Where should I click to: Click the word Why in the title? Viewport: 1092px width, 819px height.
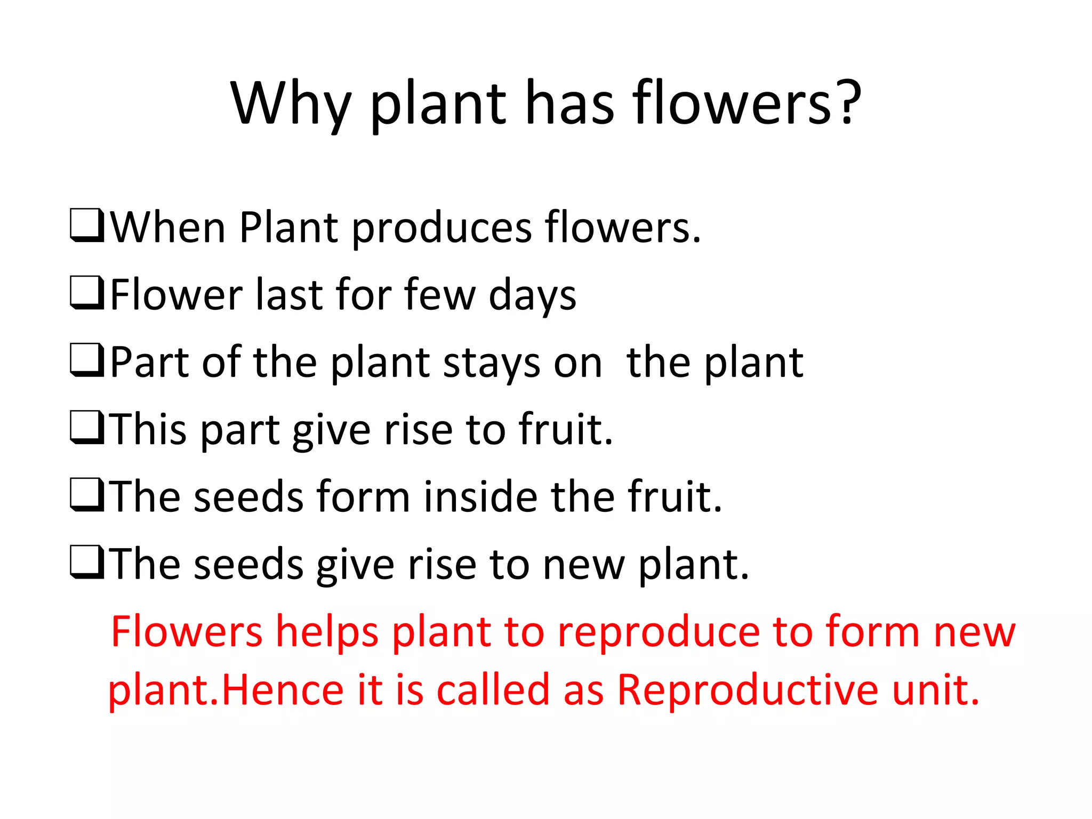[291, 104]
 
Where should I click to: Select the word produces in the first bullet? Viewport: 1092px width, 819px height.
[441, 228]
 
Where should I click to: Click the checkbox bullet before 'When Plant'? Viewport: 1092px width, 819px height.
[86, 226]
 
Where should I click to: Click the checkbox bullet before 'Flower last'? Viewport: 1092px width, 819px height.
[86, 293]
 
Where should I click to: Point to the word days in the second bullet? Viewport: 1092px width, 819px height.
[532, 296]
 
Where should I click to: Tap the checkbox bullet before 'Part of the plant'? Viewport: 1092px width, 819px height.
[86, 361]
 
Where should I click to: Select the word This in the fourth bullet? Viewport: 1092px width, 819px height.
[149, 429]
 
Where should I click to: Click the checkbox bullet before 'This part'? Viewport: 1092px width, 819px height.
[86, 428]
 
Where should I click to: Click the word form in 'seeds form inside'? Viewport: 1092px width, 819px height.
[363, 497]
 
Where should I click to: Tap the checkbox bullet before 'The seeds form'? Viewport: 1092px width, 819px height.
[86, 495]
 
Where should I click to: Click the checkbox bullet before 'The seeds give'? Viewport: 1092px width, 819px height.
[86, 563]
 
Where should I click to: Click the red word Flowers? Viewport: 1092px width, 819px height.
[187, 632]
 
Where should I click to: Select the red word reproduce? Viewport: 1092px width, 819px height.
[659, 633]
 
